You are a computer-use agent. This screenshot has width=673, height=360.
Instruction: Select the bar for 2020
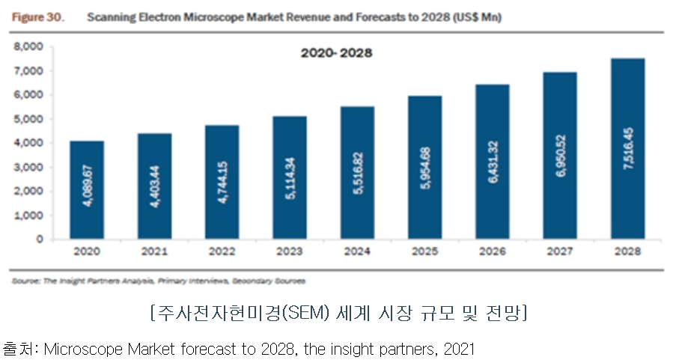point(87,190)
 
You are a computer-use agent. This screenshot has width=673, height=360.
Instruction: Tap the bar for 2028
point(627,149)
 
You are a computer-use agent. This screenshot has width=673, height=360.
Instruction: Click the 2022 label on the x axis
point(222,253)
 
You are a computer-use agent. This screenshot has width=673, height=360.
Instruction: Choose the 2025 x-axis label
point(424,253)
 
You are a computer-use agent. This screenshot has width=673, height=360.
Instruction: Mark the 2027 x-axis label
point(560,253)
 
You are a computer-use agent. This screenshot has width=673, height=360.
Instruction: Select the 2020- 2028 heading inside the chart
point(336,53)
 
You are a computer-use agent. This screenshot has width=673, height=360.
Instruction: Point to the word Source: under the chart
point(25,281)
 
